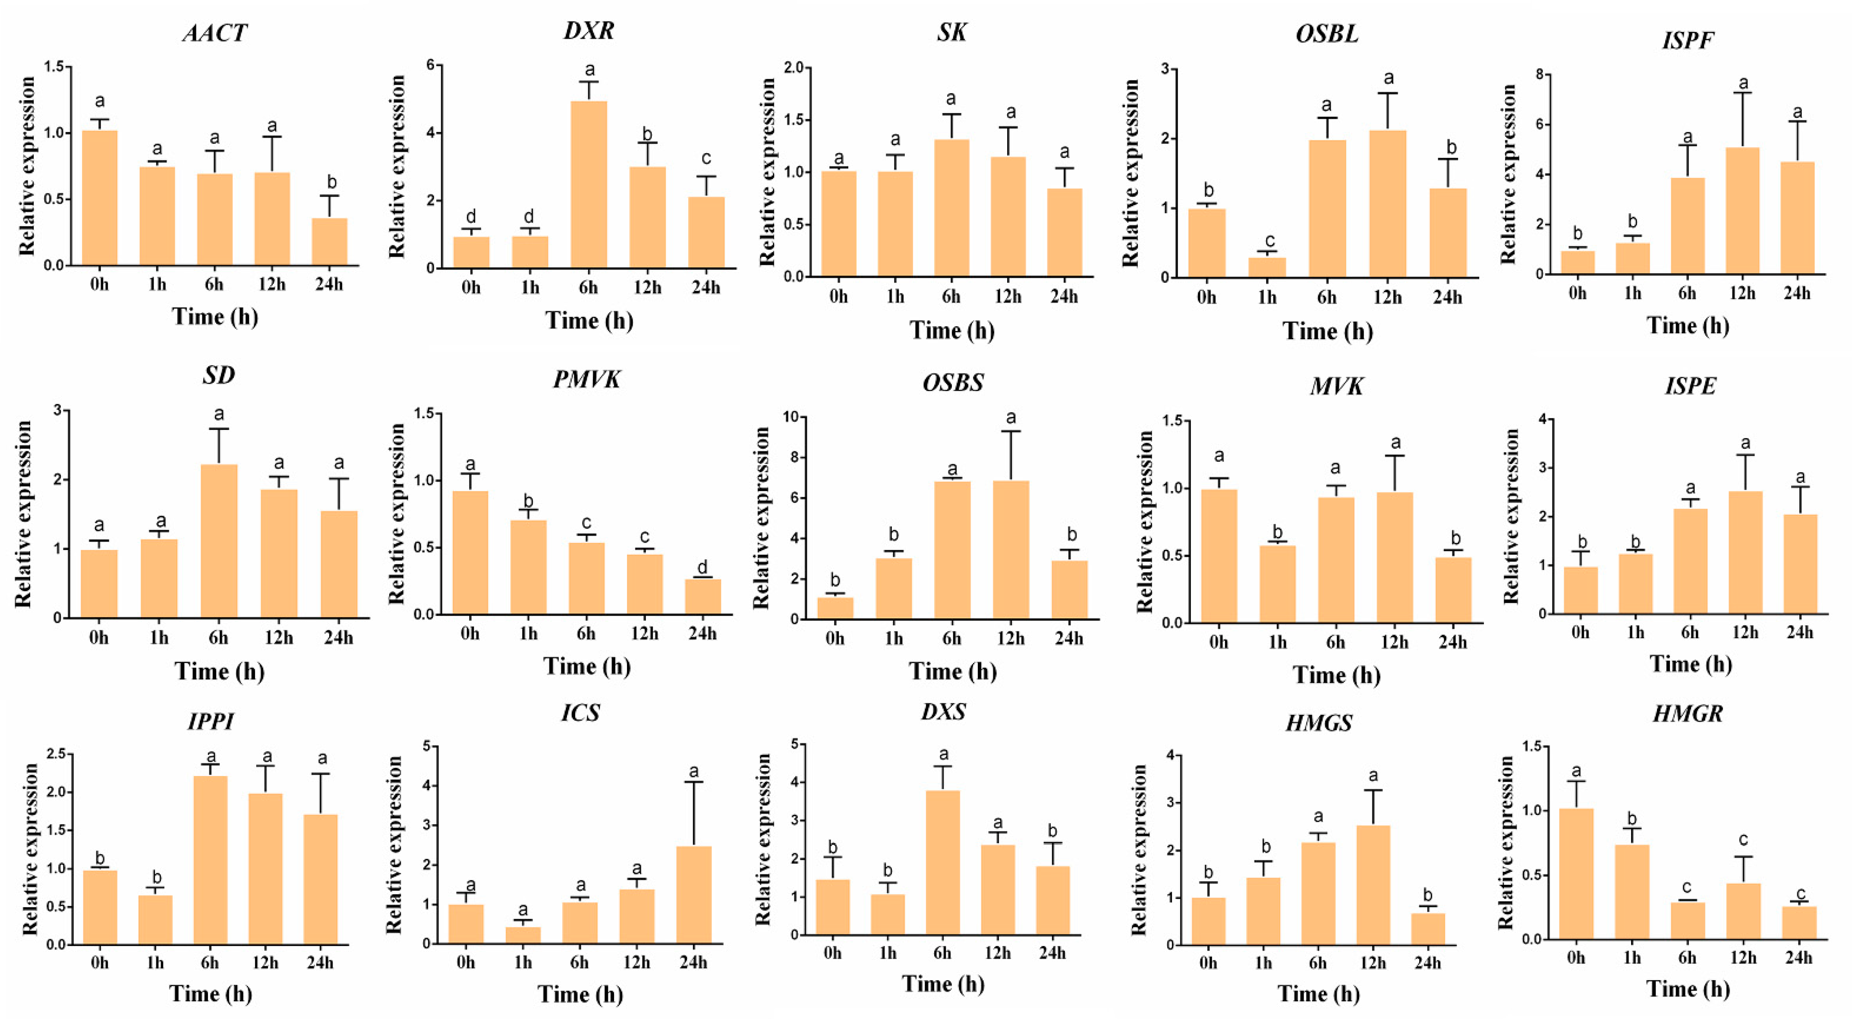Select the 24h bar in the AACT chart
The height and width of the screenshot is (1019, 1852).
(329, 243)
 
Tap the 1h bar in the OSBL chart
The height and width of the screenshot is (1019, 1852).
(1267, 268)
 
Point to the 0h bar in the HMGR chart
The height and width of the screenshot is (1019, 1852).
(1576, 874)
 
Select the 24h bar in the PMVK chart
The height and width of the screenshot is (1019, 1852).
(702, 596)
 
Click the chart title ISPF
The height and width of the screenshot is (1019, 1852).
(1687, 40)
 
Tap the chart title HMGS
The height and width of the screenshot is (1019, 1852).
(1319, 722)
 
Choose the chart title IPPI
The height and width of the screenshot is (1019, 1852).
(211, 721)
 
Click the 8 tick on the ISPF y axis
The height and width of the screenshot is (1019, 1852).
(1540, 75)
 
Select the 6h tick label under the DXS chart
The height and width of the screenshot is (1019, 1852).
(942, 953)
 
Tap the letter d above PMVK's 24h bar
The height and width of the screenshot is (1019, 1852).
(702, 568)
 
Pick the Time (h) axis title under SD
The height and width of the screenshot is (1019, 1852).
(219, 671)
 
